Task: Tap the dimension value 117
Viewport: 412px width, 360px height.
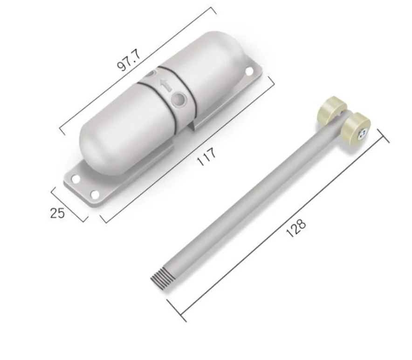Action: pos(206,156)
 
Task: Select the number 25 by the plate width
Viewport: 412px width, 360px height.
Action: pos(57,213)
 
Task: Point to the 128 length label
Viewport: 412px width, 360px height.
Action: pos(296,227)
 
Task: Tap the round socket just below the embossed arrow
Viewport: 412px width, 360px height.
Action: pos(178,99)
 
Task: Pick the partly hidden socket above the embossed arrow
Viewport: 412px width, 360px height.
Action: pos(150,73)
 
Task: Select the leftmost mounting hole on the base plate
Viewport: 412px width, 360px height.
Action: pos(74,178)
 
